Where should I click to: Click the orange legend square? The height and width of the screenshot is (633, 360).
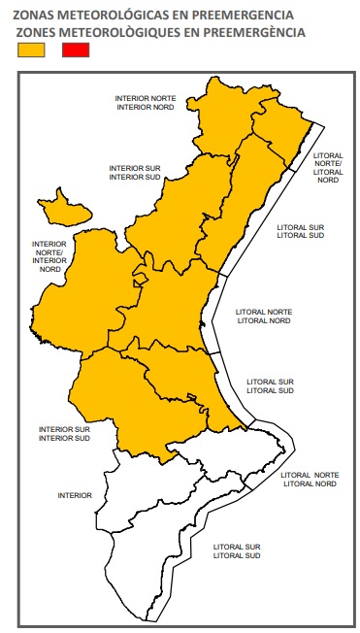point(32,51)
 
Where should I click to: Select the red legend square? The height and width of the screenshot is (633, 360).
point(75,51)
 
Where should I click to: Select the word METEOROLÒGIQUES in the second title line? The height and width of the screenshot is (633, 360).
point(119,33)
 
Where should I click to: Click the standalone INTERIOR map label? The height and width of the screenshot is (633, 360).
point(75,495)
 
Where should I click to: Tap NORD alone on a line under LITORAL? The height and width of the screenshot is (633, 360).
point(328,180)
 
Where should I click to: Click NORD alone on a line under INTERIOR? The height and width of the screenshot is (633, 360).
point(49,269)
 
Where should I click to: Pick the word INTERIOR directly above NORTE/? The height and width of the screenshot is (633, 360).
point(49,245)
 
